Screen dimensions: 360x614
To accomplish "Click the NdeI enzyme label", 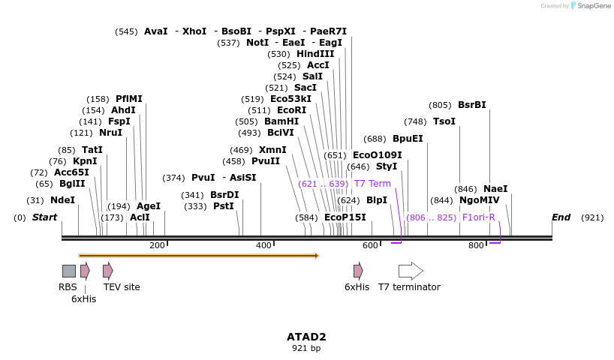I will point(62,200).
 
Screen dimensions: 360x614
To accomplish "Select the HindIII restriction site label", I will point(315,54).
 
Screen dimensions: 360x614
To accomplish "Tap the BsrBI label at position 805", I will point(471,105).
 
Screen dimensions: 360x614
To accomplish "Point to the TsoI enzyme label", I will point(444,121).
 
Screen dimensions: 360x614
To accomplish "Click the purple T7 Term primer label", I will point(372,184).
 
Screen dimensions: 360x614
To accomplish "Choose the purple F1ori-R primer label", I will point(478,217).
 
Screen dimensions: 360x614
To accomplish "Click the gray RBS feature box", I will point(68,271).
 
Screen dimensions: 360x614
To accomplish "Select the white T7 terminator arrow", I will point(411,271).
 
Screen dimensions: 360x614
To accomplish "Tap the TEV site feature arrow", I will point(108,271).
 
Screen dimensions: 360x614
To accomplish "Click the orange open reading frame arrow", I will point(199,256).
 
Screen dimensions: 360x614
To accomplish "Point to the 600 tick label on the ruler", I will point(370,246).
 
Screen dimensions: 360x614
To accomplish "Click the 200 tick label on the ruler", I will point(157,246).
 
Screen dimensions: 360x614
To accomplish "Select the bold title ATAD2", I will point(306,337).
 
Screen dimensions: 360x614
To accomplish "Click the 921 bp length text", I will point(306,349).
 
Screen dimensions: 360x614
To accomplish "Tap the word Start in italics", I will point(44,217).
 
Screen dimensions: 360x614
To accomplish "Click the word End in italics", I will point(561,217).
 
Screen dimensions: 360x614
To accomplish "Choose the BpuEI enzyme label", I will point(408,139).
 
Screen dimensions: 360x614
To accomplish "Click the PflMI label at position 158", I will point(128,99).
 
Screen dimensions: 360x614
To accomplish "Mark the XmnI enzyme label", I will point(272,150).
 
